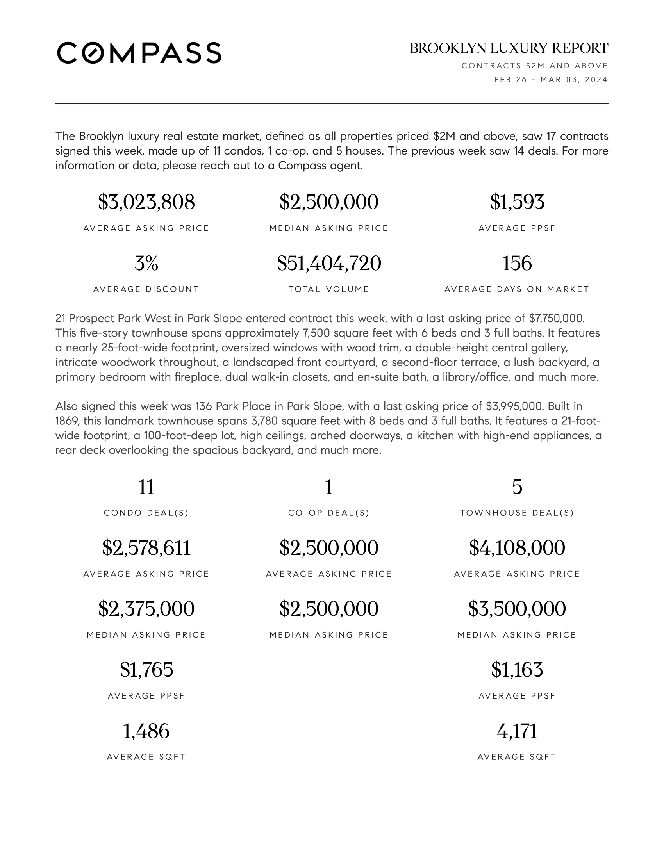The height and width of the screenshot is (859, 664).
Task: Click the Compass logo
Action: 139,53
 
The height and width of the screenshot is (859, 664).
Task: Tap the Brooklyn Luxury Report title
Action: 509,48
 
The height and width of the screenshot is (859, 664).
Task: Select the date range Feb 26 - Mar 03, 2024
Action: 551,80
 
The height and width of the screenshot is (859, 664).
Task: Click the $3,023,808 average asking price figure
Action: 146,202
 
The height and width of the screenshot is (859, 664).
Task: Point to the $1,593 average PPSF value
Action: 517,202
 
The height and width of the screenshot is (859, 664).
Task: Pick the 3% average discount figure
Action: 146,263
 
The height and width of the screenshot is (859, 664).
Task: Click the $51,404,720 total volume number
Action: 329,263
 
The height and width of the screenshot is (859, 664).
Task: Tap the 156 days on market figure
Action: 517,263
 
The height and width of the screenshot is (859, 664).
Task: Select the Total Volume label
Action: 329,289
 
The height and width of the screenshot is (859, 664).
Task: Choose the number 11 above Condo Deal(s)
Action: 146,487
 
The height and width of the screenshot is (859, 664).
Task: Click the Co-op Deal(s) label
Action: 329,513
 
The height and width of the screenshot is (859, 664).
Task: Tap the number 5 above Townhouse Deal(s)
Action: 517,487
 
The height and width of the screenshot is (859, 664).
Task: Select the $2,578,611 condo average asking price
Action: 146,548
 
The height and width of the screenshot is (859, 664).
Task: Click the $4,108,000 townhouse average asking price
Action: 517,548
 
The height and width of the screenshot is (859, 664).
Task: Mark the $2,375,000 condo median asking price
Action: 146,609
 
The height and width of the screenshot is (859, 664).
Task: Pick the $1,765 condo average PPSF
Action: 146,670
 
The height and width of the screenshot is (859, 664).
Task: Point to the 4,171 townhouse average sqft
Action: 517,731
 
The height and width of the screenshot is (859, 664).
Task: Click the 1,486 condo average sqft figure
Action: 146,731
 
